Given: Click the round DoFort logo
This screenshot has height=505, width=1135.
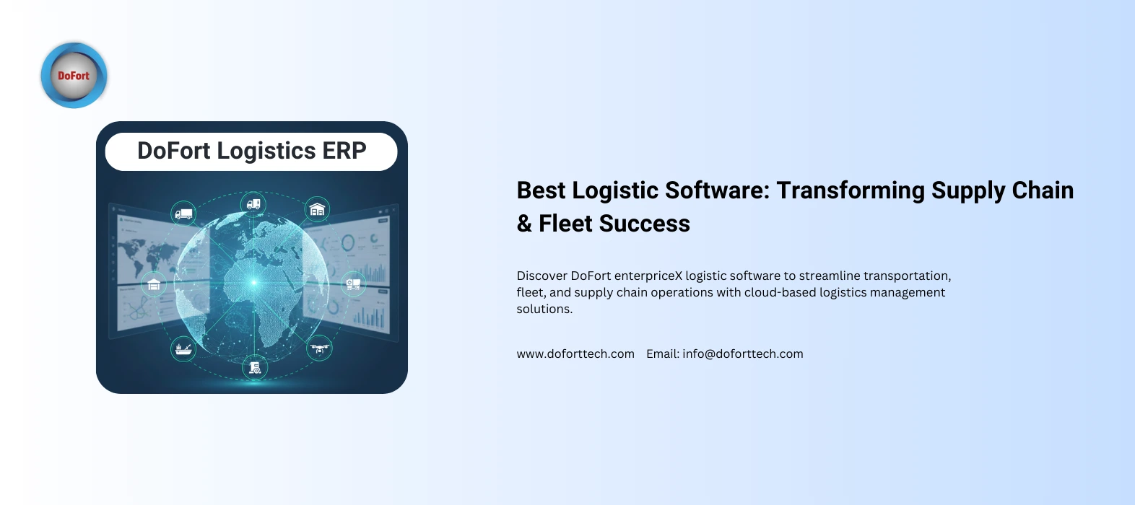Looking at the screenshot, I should [74, 76].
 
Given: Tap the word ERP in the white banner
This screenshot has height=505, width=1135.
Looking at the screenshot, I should [344, 151].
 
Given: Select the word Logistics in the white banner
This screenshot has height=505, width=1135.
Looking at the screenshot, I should [266, 151].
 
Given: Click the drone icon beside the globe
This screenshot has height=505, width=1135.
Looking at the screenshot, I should [319, 348].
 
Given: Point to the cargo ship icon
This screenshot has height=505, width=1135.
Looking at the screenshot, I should [183, 349].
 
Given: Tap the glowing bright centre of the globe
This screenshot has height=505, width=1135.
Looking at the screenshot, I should [253, 282].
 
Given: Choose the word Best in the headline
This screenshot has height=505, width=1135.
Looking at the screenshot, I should [541, 190].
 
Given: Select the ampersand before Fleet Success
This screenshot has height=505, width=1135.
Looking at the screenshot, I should [524, 224].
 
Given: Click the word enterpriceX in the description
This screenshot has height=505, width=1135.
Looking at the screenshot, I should [648, 276].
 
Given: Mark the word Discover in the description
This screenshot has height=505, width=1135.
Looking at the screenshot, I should [542, 276].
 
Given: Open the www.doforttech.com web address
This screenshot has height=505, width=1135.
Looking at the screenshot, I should [575, 353].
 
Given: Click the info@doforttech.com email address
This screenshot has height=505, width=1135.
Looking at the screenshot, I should [743, 353].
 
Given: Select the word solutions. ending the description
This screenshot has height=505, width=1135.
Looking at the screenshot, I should [544, 309].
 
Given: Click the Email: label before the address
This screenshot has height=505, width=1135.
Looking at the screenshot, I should [662, 353].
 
